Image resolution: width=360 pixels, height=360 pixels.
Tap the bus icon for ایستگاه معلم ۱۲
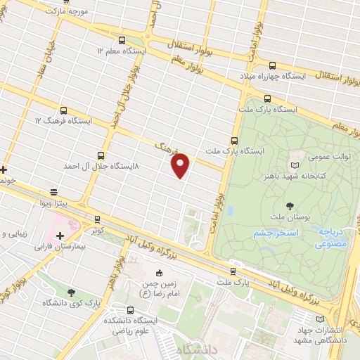[x=122, y=41]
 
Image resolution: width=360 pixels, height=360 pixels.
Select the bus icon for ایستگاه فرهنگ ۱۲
[x=64, y=110]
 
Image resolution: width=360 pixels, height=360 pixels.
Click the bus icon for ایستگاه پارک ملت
[x=267, y=99]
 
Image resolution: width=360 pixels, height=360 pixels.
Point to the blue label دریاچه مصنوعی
[x=330, y=238]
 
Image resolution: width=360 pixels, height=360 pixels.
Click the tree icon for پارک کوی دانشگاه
[x=71, y=292]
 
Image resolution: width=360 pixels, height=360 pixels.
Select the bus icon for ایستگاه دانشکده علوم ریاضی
[x=131, y=309]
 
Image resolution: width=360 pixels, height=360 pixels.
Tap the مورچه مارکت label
[x=67, y=11]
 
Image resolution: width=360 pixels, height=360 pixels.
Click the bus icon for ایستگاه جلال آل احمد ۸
[x=101, y=155]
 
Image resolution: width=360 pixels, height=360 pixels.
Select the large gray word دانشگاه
[x=198, y=349]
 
